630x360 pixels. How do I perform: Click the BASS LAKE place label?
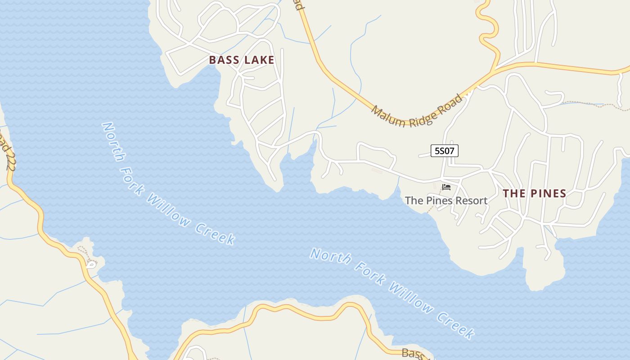[x=242, y=60]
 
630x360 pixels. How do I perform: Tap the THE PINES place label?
[x=534, y=193]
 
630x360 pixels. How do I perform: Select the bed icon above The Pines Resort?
[x=446, y=187]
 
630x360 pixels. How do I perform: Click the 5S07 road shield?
[x=445, y=151]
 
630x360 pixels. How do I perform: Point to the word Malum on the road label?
[x=388, y=117]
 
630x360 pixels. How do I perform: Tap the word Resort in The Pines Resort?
[x=471, y=201]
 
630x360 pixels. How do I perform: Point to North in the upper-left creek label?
[x=113, y=141]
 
